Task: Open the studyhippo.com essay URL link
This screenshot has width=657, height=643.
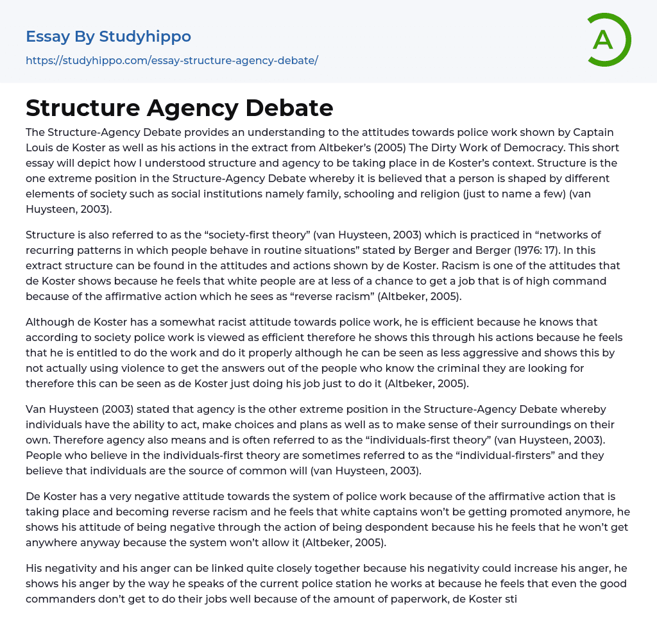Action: click(x=172, y=60)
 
